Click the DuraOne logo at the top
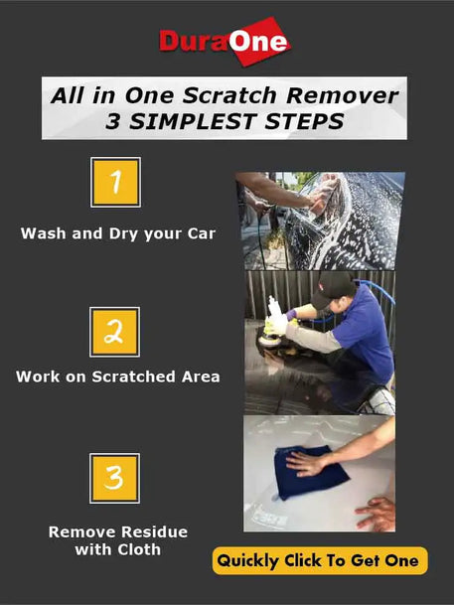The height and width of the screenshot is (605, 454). [x=225, y=41]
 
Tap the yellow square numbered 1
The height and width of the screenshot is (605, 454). [x=115, y=182]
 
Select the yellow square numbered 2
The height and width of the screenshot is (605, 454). [x=115, y=332]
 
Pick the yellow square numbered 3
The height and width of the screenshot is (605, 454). [x=115, y=478]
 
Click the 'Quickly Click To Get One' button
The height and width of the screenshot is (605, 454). [x=320, y=560]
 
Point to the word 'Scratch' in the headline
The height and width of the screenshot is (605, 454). [x=229, y=95]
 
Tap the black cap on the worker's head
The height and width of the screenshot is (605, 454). [x=333, y=288]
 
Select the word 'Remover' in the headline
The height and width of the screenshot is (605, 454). [x=342, y=95]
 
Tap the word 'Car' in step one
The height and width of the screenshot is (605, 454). [x=202, y=233]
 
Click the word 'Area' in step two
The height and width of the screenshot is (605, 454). [x=201, y=377]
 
